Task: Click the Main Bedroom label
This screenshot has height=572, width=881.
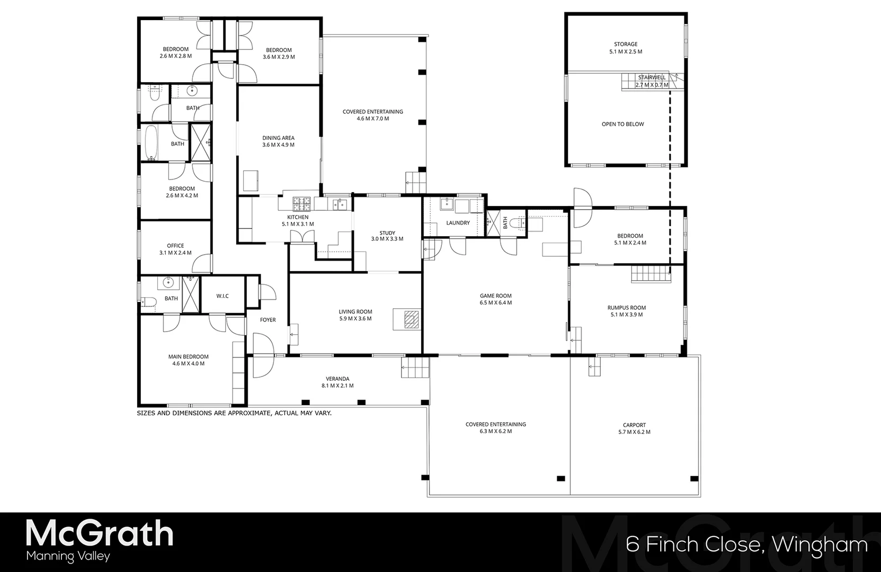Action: [x=188, y=357]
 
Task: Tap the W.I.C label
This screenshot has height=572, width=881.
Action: [x=223, y=296]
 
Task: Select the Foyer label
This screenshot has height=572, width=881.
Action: [x=268, y=320]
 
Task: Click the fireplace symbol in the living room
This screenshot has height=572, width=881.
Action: [x=411, y=319]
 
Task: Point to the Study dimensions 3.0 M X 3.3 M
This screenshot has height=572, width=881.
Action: [x=387, y=239]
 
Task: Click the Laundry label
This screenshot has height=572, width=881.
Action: [x=458, y=223]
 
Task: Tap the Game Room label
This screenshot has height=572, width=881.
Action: [x=495, y=296]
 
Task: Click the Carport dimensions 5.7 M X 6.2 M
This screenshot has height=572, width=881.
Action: [x=634, y=432]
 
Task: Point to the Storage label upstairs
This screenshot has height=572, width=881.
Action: [x=626, y=44]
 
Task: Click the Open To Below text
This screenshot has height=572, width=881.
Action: [x=622, y=124]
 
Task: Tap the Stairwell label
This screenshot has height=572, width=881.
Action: [x=652, y=77]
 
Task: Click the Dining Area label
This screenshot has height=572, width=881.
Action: [x=278, y=138]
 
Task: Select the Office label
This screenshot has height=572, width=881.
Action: [x=175, y=246]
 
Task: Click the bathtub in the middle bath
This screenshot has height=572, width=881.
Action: [x=151, y=143]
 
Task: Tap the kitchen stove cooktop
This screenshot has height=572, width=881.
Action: [x=304, y=202]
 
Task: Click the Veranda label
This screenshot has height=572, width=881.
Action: [x=337, y=379]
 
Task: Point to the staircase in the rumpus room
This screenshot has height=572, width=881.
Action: [x=651, y=274]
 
